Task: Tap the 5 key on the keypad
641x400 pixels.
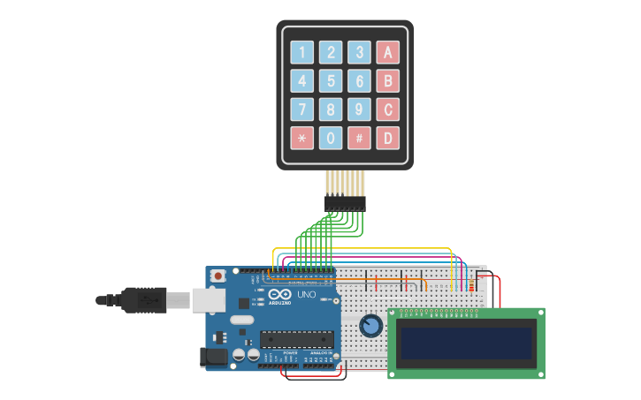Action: tap(331, 81)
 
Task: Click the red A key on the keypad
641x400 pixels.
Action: tap(387, 52)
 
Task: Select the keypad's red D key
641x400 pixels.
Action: tap(387, 138)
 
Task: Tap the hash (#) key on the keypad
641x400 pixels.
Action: tap(359, 138)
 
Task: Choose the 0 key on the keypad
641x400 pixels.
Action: tap(331, 138)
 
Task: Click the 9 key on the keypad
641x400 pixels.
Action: tap(359, 109)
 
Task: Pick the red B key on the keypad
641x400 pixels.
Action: tap(387, 81)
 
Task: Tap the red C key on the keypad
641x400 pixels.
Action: tap(387, 109)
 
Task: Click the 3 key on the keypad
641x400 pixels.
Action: tap(359, 52)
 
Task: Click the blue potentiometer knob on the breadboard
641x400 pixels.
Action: tap(371, 327)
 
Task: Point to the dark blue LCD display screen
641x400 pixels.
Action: tap(467, 343)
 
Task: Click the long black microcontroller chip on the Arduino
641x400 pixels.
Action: tap(296, 339)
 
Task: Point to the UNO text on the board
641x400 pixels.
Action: tap(306, 294)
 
